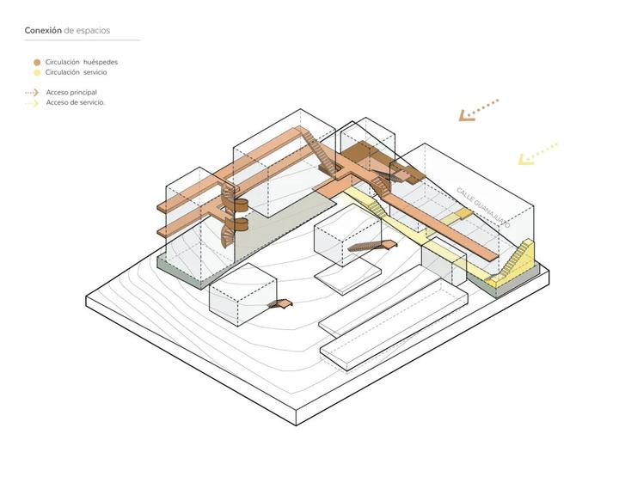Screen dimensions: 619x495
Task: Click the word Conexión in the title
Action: pyautogui.click(x=43, y=31)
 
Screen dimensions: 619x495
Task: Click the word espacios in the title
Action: pyautogui.click(x=93, y=31)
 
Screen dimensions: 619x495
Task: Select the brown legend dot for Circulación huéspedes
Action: pyautogui.click(x=36, y=63)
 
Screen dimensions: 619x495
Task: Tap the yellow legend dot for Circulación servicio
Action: pyautogui.click(x=36, y=72)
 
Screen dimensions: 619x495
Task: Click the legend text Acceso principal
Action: pyautogui.click(x=71, y=92)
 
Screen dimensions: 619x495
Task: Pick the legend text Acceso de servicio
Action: pyautogui.click(x=76, y=102)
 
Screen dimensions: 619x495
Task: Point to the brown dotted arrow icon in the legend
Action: pyautogui.click(x=32, y=92)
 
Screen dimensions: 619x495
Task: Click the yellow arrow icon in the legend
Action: pyautogui.click(x=32, y=102)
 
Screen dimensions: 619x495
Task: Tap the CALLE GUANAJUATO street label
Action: pyautogui.click(x=482, y=207)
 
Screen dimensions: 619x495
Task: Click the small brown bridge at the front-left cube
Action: pyautogui.click(x=280, y=303)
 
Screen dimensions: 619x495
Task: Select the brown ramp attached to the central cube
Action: pyautogui.click(x=373, y=247)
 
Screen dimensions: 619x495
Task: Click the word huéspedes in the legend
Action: pyautogui.click(x=101, y=63)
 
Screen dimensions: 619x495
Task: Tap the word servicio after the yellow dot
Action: pyautogui.click(x=95, y=72)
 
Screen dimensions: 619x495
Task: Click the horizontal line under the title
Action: pyautogui.click(x=82, y=40)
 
